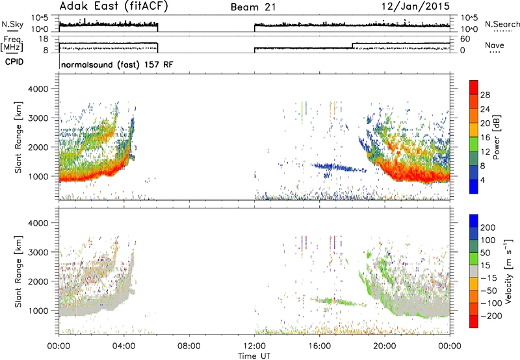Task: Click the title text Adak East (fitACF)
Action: click(114, 6)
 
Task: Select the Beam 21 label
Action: click(253, 7)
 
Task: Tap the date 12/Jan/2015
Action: click(415, 6)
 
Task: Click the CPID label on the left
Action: click(14, 62)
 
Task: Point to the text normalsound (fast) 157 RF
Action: click(117, 64)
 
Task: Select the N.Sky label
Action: click(12, 24)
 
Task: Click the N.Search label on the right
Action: click(502, 24)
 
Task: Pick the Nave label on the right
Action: click(495, 45)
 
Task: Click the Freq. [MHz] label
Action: click(12, 44)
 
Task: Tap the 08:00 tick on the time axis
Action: click(188, 346)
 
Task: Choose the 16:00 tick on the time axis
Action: click(319, 346)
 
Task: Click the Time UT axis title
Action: click(254, 356)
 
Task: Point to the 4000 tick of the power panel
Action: click(38, 89)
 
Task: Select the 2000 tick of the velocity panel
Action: click(38, 281)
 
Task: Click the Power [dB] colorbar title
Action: click(496, 137)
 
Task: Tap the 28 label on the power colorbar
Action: click(485, 95)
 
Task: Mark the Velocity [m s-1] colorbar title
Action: click(508, 271)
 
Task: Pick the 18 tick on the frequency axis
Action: click(44, 39)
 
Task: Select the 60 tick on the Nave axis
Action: click(465, 39)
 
